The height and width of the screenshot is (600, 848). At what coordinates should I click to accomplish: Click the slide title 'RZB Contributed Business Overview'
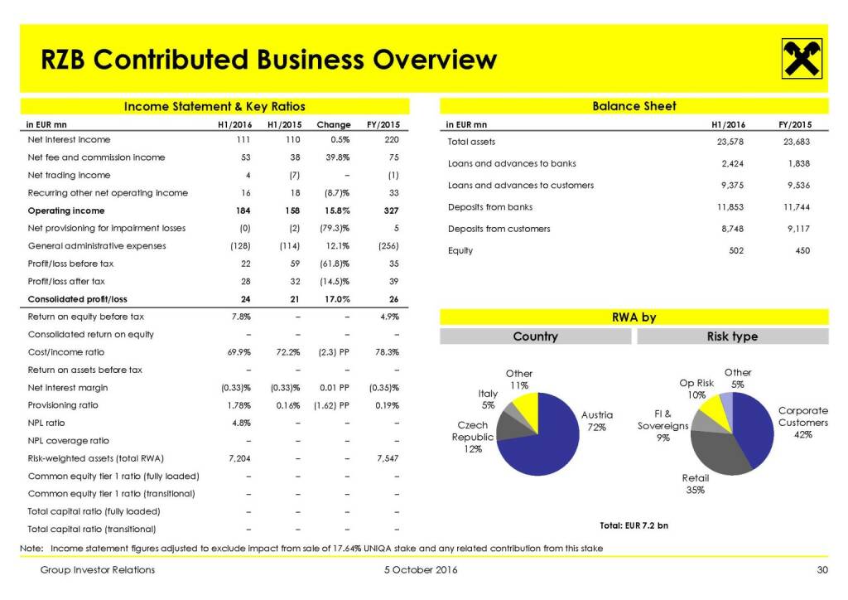[x=269, y=60]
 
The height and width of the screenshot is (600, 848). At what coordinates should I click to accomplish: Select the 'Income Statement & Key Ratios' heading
[x=214, y=106]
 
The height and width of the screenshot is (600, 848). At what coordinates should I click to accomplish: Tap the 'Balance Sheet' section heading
[x=634, y=106]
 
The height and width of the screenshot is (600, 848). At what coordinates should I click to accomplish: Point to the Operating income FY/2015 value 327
[x=392, y=210]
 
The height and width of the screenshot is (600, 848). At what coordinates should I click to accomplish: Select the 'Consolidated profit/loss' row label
[x=78, y=299]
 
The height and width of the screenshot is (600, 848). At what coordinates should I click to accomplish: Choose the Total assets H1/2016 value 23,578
[x=729, y=143]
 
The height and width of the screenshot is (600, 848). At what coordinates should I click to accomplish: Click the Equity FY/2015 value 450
[x=802, y=250]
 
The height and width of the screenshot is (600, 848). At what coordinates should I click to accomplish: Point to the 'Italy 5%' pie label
[x=488, y=399]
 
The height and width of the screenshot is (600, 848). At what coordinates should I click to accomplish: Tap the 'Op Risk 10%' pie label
[x=696, y=389]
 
